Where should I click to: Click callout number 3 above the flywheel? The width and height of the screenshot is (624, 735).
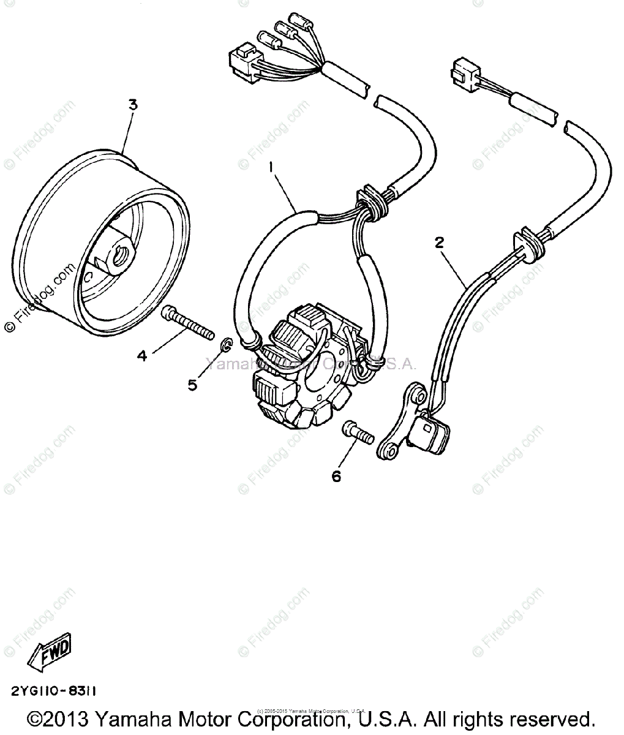pyautogui.click(x=132, y=105)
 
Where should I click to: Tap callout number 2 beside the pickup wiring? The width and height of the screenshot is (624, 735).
pyautogui.click(x=438, y=243)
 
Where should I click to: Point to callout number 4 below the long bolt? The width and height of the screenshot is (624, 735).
pyautogui.click(x=142, y=355)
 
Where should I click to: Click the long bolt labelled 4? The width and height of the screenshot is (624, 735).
pyautogui.click(x=187, y=323)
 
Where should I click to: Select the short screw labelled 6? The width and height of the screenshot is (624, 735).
pyautogui.click(x=358, y=431)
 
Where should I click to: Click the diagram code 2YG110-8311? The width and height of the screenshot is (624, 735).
pyautogui.click(x=53, y=690)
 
